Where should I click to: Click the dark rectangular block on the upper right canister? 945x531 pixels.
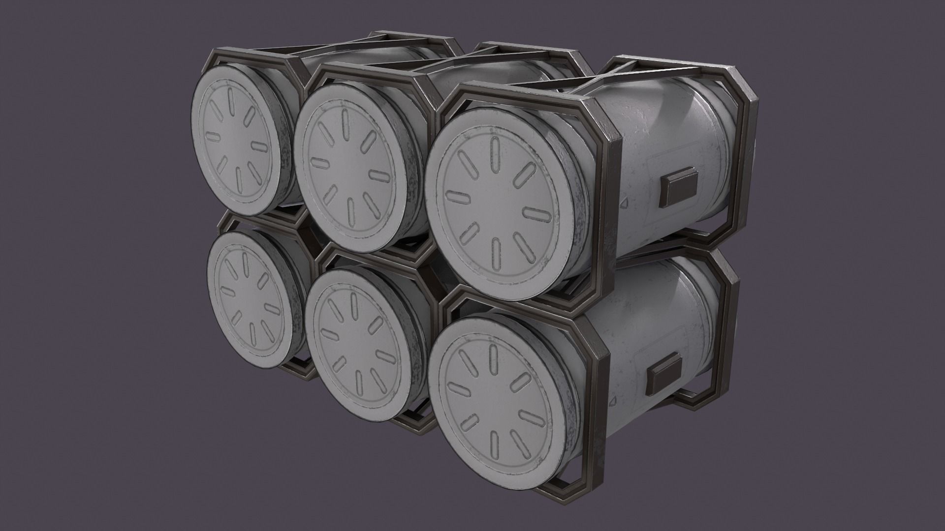(x=679, y=188)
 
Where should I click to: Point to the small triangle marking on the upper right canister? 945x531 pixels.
(x=624, y=203)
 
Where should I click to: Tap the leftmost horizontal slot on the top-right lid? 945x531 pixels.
(x=457, y=196)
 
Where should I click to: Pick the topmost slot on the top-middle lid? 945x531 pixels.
(x=346, y=121)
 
